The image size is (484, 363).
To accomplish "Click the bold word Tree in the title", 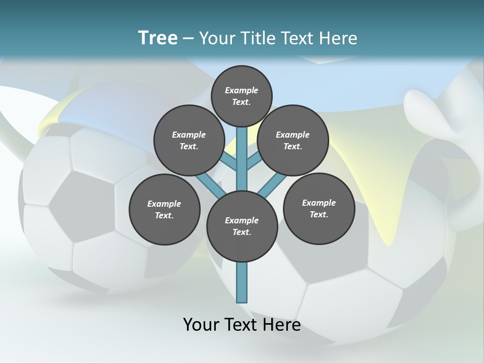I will click(158, 38).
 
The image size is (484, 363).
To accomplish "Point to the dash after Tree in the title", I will click(188, 39).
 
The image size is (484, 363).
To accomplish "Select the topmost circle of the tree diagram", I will click(241, 96).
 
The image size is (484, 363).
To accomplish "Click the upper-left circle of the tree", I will click(189, 140).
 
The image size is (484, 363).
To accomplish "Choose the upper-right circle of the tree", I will click(293, 140).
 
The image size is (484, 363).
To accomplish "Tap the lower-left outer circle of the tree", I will click(164, 209).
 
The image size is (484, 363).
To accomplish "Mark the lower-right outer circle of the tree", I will click(319, 208).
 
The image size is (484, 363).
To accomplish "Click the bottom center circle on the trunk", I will click(242, 226).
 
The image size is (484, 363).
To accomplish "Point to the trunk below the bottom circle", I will click(242, 282).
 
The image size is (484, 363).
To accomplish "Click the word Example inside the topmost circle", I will click(241, 90).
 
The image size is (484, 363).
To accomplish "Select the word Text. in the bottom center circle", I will click(242, 232).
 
